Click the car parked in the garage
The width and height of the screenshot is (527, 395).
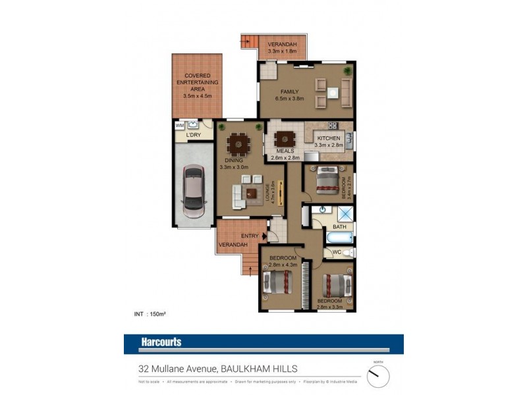pos(194,193)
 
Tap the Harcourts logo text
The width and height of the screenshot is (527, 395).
pos(161,342)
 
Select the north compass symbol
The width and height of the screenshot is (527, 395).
pos(378,376)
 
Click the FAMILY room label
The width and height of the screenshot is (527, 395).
pos(289,92)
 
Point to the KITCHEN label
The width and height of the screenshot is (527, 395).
pos(329,138)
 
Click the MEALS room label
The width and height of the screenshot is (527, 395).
pos(285,151)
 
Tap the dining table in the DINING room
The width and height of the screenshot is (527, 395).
pos(238,143)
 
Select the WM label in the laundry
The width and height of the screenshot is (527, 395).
pos(179,125)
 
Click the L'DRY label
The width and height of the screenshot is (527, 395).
pos(193,136)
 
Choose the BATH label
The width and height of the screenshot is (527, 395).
pos(339,227)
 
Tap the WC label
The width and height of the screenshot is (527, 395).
pos(336,252)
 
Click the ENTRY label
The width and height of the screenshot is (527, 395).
pos(250,236)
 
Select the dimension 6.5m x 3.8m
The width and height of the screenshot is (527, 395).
pos(289,99)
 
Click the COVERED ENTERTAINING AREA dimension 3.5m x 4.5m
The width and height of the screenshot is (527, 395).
pos(198,96)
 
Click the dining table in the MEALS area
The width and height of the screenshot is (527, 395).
pos(285,139)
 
